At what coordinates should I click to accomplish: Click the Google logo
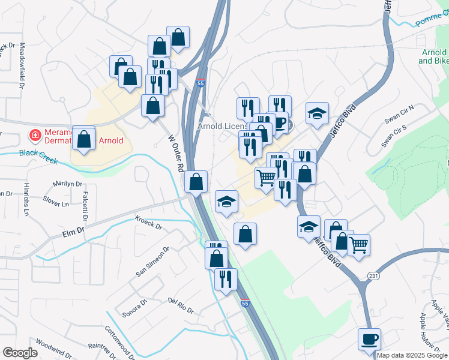[19, 353]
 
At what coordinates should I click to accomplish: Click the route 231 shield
[373, 275]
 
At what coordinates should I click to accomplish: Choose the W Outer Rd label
[175, 154]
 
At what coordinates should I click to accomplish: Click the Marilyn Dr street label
[67, 184]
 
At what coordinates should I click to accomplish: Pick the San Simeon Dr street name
[152, 262]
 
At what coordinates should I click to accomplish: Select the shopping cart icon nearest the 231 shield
[358, 245]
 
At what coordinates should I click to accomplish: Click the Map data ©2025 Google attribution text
[412, 355]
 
